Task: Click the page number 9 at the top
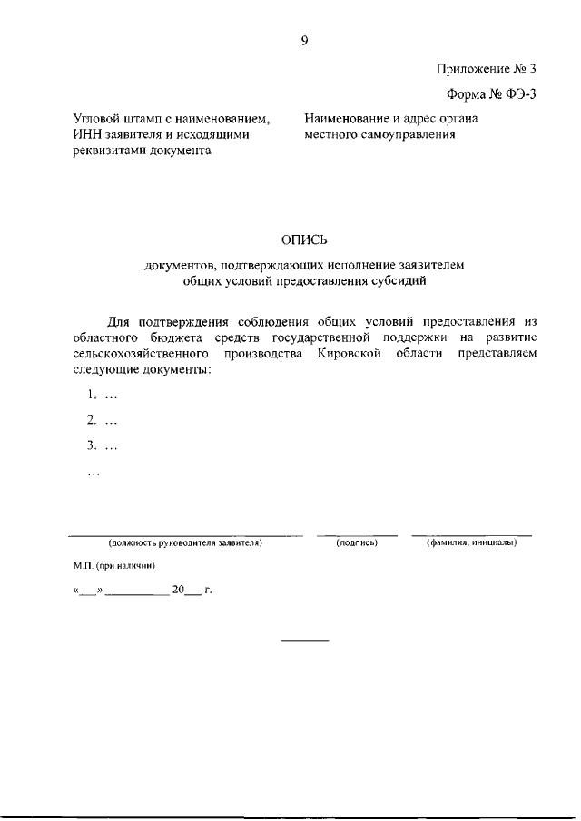(x=305, y=39)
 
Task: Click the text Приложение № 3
(x=487, y=68)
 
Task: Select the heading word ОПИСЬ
(x=304, y=239)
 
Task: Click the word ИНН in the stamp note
(x=87, y=135)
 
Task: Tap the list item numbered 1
(x=103, y=395)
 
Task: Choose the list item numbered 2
(x=103, y=420)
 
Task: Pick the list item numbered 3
(x=103, y=445)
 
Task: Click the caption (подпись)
(x=356, y=542)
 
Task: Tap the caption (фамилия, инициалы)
(x=471, y=542)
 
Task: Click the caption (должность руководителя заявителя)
(x=185, y=542)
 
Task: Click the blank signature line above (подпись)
(x=356, y=534)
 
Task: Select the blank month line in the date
(x=136, y=595)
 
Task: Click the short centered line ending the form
(x=304, y=642)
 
